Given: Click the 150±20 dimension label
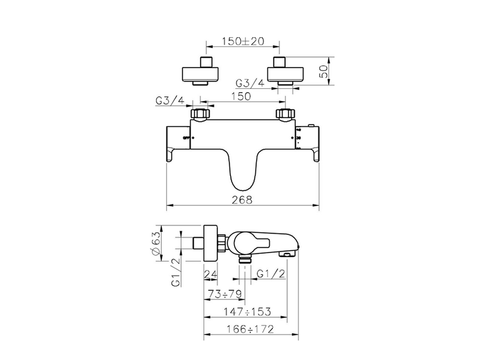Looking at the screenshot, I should [243, 41].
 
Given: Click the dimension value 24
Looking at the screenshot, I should [210, 274].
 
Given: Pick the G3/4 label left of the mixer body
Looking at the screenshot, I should [169, 100].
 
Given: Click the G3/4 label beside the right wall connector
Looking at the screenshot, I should [250, 83].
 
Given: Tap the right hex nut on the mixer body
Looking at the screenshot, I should [285, 114].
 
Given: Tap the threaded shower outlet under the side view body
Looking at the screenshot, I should [245, 259].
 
